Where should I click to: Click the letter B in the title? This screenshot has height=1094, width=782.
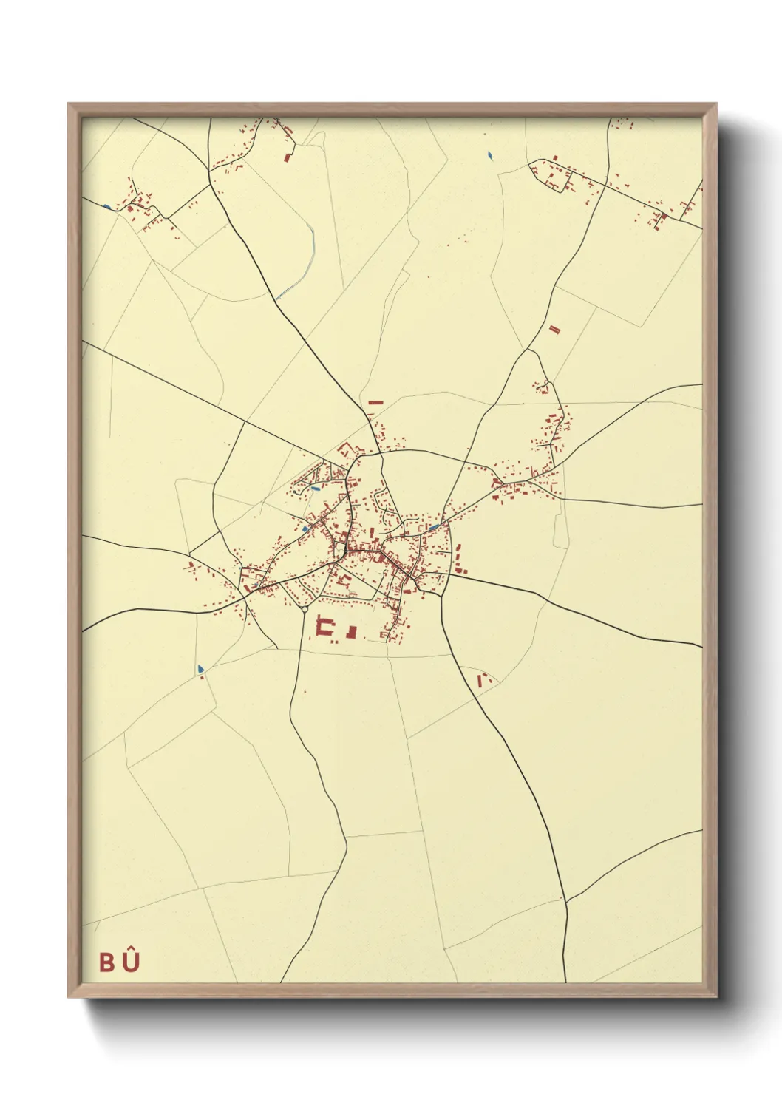[107, 962]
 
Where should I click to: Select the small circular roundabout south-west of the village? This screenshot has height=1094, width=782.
[305, 610]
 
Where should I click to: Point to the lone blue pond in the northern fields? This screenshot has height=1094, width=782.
[489, 155]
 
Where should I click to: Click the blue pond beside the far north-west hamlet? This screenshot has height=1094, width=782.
[108, 206]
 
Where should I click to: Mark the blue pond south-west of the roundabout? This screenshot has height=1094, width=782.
[200, 669]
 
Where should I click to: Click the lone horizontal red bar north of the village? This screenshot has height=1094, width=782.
[375, 402]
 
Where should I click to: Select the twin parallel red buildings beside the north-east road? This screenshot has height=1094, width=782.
[555, 329]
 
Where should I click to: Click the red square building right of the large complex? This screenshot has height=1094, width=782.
[353, 631]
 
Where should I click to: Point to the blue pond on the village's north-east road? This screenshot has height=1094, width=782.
[434, 527]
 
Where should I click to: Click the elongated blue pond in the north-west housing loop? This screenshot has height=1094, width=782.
[316, 489]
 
